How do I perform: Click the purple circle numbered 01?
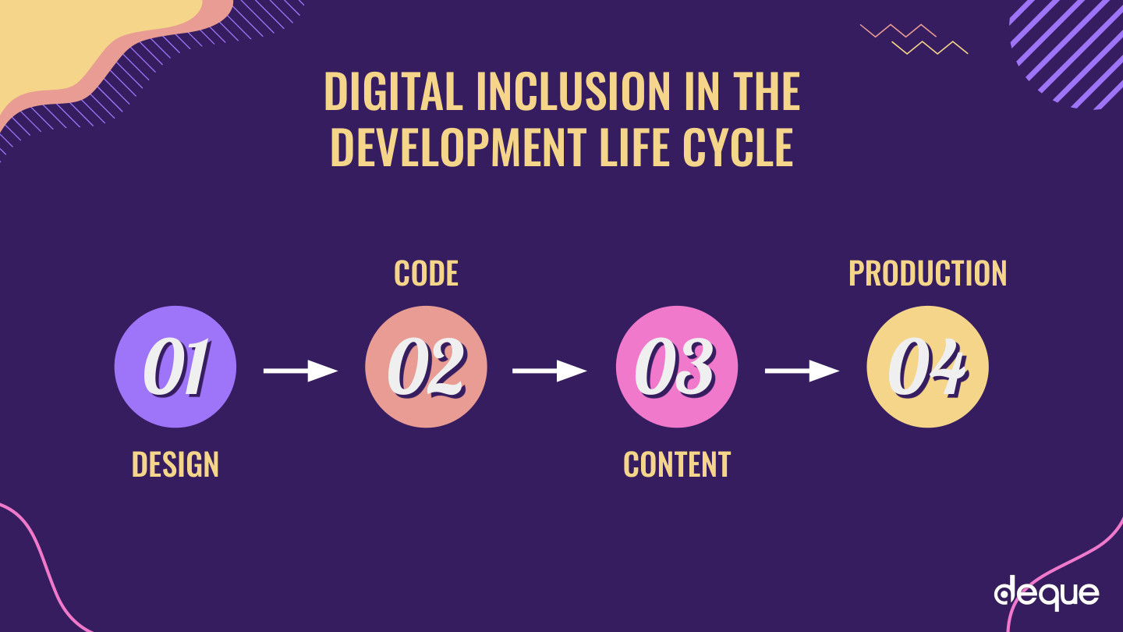tap(175, 367)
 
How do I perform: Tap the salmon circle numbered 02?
tap(426, 367)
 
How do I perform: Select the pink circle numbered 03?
tap(677, 367)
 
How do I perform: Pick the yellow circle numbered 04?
tap(927, 367)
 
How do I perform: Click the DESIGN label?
tap(175, 464)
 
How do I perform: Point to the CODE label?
tap(426, 273)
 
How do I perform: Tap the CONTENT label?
tap(677, 464)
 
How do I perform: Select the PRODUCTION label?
tap(927, 273)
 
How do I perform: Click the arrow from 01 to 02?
tap(301, 371)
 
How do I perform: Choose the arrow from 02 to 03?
tap(550, 371)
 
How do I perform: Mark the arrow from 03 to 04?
tap(802, 371)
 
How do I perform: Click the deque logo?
tap(1047, 593)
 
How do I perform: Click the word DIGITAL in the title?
tap(394, 91)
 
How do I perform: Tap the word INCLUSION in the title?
tap(573, 91)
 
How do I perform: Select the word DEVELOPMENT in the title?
tap(459, 147)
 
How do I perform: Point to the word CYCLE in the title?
tap(738, 147)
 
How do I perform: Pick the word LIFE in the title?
tap(634, 147)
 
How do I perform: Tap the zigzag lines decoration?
tap(914, 39)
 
